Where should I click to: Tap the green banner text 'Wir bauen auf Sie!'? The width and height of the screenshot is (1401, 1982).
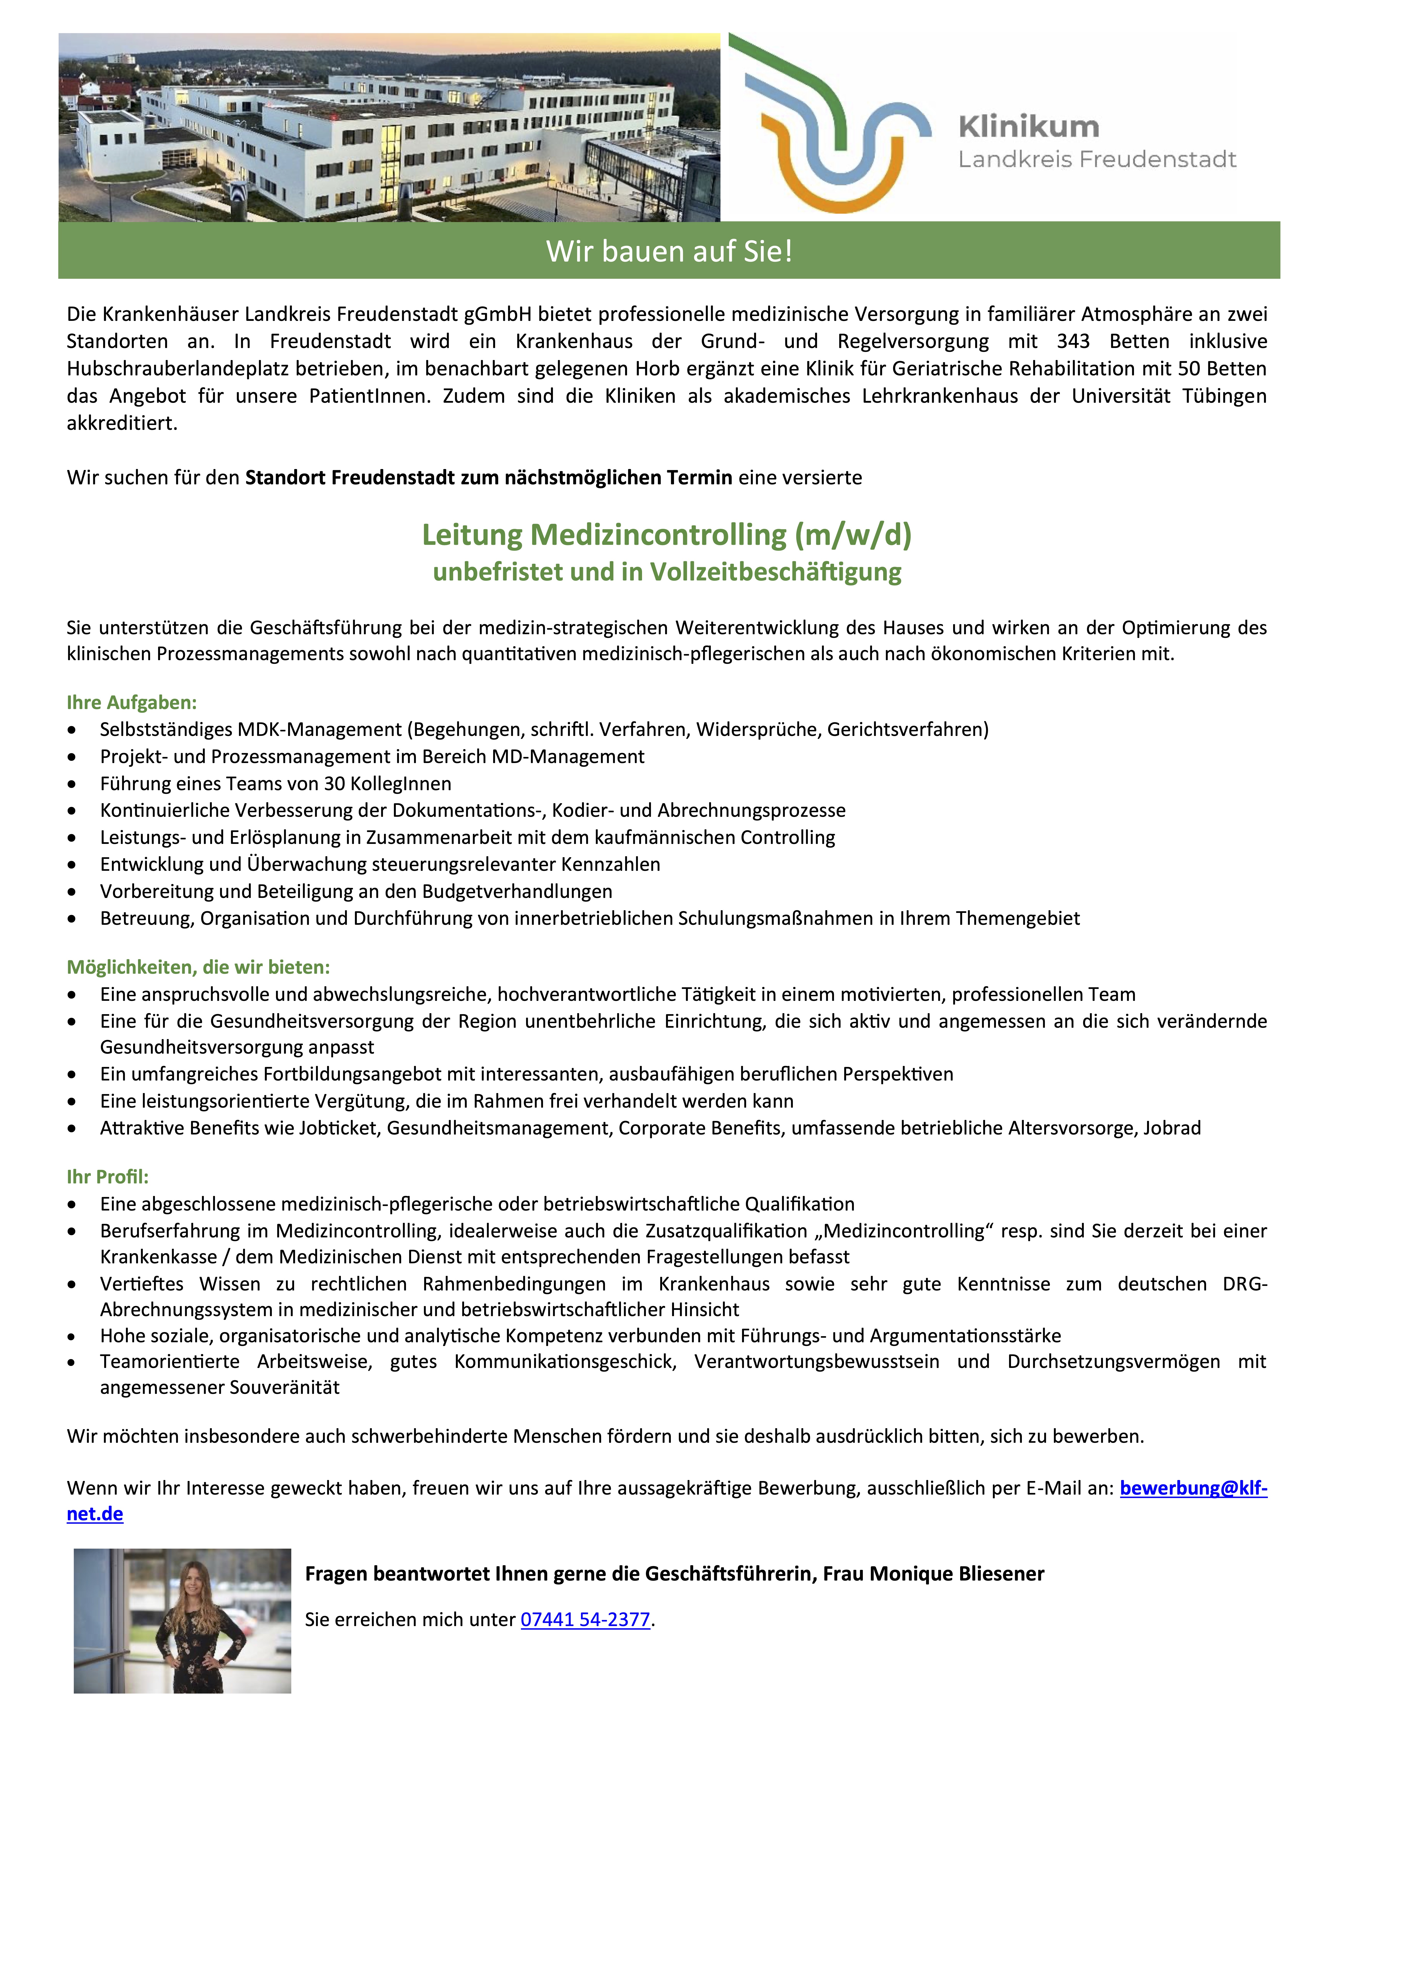669,251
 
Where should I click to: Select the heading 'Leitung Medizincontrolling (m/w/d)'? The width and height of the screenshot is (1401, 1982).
666,534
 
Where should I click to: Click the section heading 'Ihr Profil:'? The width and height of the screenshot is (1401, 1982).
108,1177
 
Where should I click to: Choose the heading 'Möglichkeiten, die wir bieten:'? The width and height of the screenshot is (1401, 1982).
199,967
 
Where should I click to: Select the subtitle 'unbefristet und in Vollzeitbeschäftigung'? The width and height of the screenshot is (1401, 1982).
666,571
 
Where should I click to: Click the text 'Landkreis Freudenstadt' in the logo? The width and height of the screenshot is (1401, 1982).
1097,160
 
